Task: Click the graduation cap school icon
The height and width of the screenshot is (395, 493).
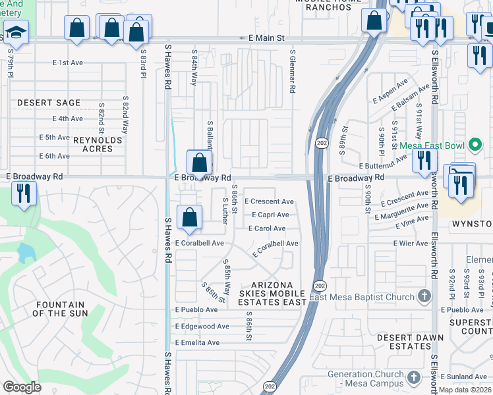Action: (14, 31)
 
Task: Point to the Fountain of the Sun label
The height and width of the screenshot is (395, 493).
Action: (60, 309)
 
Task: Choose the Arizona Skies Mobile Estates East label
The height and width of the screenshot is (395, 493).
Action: (272, 293)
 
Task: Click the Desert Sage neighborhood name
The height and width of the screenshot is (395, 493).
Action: (49, 103)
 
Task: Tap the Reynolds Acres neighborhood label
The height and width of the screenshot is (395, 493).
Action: (98, 144)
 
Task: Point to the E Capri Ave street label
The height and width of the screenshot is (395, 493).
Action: (270, 215)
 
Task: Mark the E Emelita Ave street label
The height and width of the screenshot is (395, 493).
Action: (197, 342)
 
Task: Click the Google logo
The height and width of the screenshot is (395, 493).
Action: (22, 386)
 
